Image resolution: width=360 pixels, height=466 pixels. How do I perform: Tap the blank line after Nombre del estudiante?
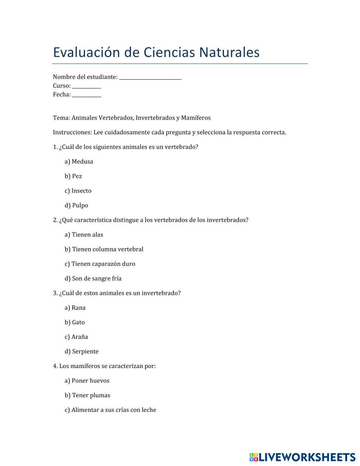coord(150,77)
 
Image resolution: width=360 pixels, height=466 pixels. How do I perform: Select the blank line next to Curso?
coord(86,86)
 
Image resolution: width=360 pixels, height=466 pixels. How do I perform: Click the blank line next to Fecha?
coord(86,95)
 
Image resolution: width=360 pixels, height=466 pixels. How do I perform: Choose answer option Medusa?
coord(79,162)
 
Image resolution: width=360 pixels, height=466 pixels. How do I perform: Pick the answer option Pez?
coord(73,176)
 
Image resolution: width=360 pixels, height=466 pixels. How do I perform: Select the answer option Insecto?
coord(78,191)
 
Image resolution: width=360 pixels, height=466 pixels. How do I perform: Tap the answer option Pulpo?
coord(76,206)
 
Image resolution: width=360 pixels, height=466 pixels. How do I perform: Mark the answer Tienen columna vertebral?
coord(104,249)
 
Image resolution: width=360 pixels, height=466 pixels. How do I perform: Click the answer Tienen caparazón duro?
coord(100,264)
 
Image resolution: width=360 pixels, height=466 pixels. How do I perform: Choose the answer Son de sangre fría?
coord(93,278)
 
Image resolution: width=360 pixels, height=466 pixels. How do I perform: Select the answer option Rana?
coord(75,308)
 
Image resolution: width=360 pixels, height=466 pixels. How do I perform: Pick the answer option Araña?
coord(76,337)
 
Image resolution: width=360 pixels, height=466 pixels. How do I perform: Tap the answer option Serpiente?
coord(82,351)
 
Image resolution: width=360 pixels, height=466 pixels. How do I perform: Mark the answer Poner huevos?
coord(87,381)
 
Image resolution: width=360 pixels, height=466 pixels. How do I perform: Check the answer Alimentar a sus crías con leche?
coord(111,410)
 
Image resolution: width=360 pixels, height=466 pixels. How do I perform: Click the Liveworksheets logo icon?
coord(254,457)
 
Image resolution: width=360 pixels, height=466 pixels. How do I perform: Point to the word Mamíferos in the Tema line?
coord(196,118)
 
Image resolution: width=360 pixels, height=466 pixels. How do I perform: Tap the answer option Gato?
coord(75,322)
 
